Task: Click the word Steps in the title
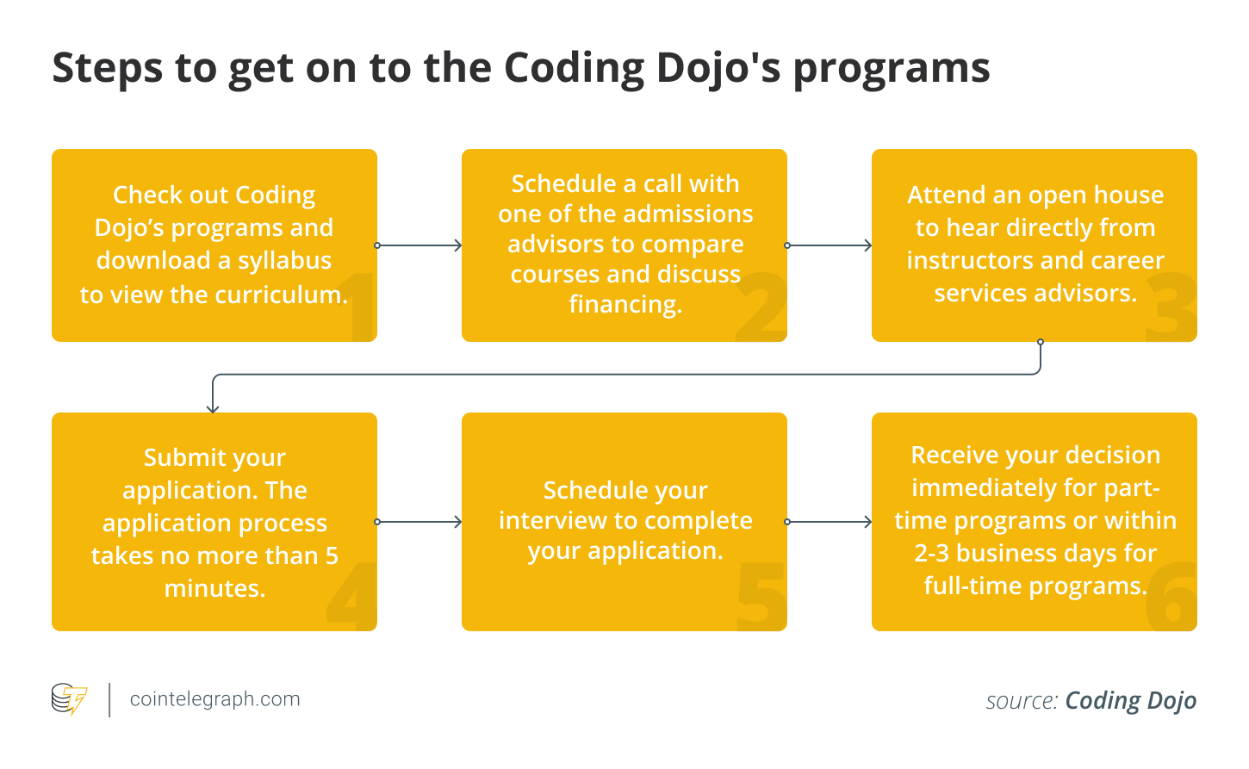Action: tap(107, 69)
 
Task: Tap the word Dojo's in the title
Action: tap(718, 69)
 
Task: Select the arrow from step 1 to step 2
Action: tap(419, 245)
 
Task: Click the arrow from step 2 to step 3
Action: tap(830, 245)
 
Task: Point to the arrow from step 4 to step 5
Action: tap(419, 522)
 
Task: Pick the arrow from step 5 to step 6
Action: tap(830, 522)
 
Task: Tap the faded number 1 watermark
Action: tap(364, 307)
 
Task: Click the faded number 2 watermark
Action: tap(761, 307)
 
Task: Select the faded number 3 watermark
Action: tap(1171, 307)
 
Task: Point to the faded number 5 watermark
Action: tap(761, 596)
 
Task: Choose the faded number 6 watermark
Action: tap(1171, 595)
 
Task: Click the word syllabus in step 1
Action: tap(284, 261)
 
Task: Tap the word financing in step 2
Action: tap(625, 304)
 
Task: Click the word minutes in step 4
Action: tap(214, 588)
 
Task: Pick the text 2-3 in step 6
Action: tap(932, 554)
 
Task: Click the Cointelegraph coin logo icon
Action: tap(69, 698)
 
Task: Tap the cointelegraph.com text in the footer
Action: tap(214, 698)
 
